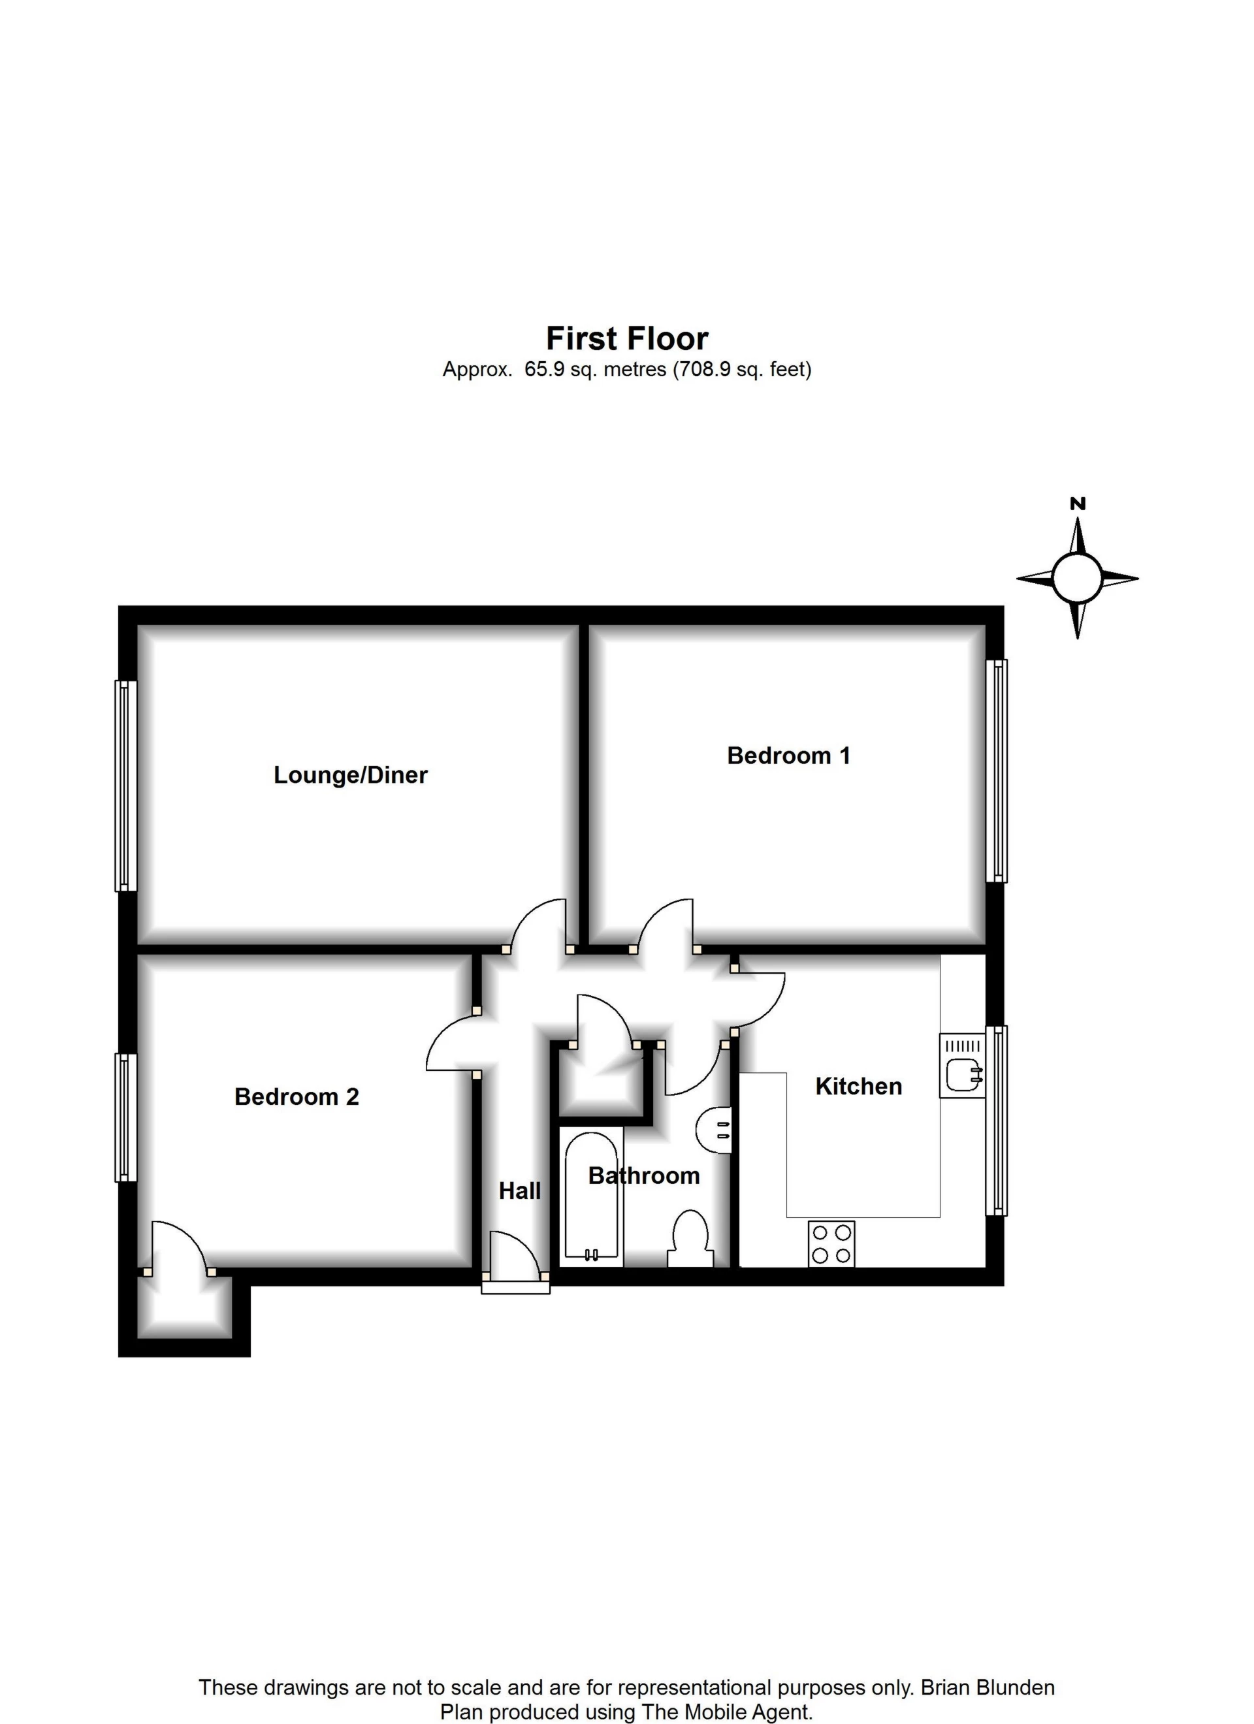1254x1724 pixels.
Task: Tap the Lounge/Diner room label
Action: (351, 774)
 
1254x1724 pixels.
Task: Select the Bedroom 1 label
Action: (788, 756)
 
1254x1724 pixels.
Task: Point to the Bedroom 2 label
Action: (297, 1097)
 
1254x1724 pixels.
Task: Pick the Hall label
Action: (519, 1190)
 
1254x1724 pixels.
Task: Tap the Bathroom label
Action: (643, 1176)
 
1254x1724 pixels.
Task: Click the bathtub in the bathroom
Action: (592, 1197)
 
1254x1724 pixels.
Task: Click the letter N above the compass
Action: (1078, 504)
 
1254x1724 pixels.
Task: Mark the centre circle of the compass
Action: (1077, 578)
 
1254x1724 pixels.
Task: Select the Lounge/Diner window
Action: (125, 785)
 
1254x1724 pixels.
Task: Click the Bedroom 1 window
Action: (997, 771)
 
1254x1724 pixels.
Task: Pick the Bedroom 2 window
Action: (125, 1117)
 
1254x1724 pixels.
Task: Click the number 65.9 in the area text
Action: (544, 370)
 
